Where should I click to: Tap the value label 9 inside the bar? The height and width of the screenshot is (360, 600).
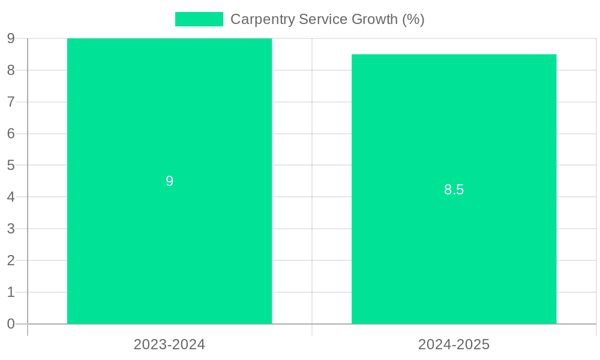point(169,181)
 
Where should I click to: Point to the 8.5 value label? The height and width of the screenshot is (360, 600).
point(454,190)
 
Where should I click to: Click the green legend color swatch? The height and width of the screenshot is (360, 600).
point(199,19)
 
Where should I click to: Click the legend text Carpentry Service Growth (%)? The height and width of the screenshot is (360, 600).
point(327,19)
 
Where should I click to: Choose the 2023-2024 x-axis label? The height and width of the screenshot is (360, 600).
point(169,344)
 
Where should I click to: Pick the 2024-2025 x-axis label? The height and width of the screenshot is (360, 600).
point(454,344)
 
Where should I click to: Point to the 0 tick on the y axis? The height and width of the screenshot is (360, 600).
point(11,324)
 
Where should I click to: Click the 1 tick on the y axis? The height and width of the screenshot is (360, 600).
point(11,292)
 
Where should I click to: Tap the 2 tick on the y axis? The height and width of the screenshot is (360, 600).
point(11,260)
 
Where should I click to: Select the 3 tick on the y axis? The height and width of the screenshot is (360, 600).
point(11,229)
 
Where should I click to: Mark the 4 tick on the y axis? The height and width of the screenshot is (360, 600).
point(11,197)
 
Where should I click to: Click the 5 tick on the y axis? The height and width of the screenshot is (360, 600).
point(11,165)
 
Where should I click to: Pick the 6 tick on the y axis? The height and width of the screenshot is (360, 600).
point(11,133)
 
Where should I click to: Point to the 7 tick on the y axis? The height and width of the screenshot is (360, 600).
point(11,102)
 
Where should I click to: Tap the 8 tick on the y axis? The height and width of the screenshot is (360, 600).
point(11,70)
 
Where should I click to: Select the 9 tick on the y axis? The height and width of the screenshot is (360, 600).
point(11,38)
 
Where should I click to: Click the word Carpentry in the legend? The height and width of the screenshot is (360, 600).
point(259,19)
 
